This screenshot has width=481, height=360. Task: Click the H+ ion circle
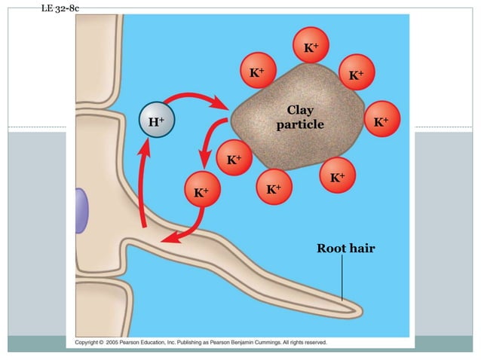(x=157, y=122)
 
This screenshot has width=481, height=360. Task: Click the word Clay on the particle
(x=299, y=111)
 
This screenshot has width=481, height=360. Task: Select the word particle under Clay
(x=299, y=124)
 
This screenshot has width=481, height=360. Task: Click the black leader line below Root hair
(x=342, y=279)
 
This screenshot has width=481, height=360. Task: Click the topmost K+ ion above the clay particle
(x=311, y=48)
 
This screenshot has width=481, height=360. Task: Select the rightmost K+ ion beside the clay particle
(x=381, y=121)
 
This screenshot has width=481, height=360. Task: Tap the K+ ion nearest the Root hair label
(x=337, y=177)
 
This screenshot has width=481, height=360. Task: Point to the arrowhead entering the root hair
(x=170, y=239)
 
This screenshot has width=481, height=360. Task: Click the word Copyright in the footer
(x=89, y=343)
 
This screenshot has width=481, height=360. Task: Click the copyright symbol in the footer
(x=108, y=343)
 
